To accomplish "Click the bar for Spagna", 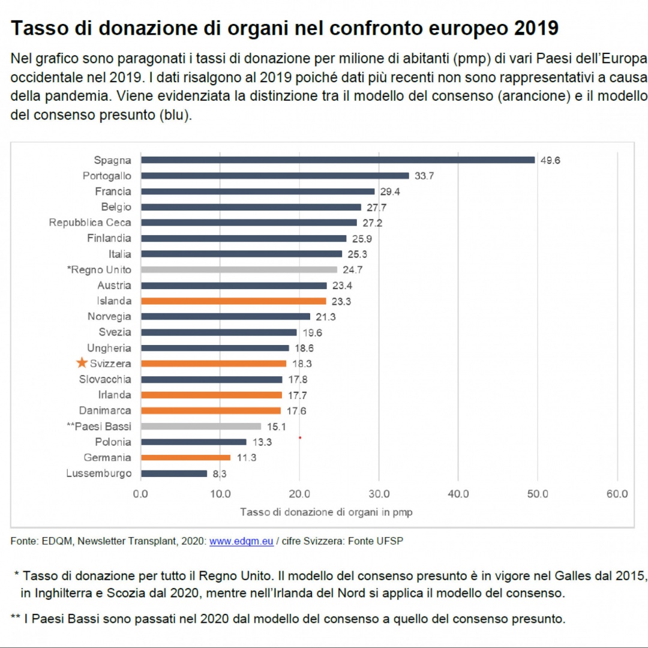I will pos(337,160).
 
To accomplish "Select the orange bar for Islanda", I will pos(233,301).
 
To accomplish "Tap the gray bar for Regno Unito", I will pos(239,270).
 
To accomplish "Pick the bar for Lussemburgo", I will pos(174,473).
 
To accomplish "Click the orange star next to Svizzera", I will pos(82,363).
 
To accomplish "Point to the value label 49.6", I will pos(550,161).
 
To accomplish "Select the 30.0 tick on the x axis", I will pos(379,494).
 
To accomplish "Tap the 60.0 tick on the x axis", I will pos(617,494).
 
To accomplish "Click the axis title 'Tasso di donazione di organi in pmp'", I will pos(326,512).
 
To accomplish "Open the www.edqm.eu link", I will pos(241,541).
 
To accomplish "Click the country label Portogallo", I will pos(107,176).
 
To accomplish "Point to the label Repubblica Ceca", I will pos(90,223).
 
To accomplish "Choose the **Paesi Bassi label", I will pos(99,426).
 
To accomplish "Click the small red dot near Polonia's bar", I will pos(299,437).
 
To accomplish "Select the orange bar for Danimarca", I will pos(211,410).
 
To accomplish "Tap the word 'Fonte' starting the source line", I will pos(23,541).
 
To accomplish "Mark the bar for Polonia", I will pos(193,442).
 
